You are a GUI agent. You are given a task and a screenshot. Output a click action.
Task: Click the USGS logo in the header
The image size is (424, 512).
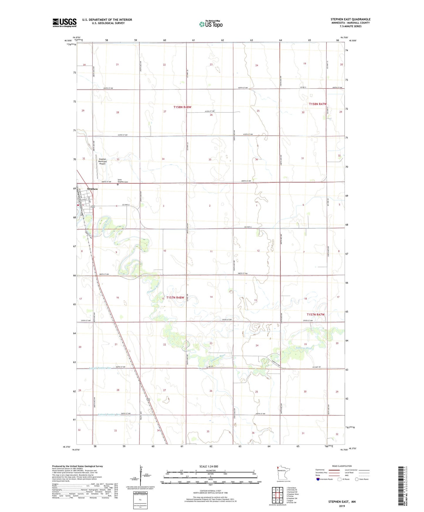point(65,23)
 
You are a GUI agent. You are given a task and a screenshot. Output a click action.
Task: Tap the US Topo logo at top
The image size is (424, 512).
point(211,24)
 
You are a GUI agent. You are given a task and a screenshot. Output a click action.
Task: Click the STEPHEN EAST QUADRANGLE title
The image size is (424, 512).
point(350,19)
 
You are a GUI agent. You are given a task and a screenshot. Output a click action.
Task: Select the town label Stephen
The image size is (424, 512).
point(92,189)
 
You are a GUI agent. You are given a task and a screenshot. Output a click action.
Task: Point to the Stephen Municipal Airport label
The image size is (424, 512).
point(102,161)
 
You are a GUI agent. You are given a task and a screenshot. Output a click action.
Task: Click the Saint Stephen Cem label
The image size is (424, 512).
point(123,181)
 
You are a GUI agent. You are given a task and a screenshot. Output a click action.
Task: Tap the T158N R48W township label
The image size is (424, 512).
point(182,107)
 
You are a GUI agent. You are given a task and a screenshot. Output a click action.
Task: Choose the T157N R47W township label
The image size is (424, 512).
point(316,315)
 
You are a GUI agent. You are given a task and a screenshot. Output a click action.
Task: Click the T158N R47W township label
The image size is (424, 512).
point(318,104)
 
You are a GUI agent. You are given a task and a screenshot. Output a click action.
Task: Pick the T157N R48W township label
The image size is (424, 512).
point(175,298)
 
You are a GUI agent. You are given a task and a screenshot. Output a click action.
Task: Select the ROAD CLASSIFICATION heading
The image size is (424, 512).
point(342,466)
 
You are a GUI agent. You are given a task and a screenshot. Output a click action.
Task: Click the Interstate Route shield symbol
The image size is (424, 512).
point(318,479)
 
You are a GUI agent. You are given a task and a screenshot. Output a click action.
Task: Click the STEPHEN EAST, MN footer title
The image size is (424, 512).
point(342,502)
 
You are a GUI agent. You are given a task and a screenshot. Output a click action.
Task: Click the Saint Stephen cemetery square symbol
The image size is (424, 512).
point(118,185)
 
